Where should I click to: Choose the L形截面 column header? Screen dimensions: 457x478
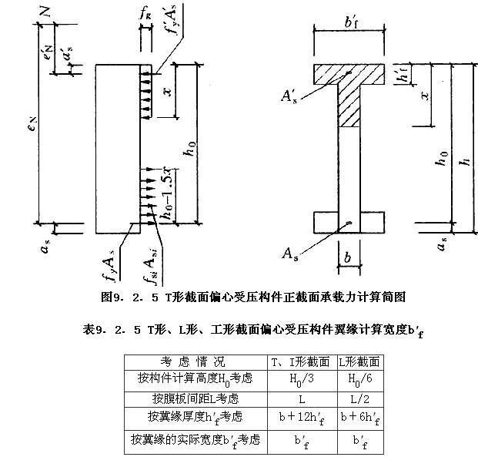coord(359,361)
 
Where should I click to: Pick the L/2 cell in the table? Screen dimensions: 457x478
coord(359,398)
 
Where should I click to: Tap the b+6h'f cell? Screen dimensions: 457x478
coord(359,418)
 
